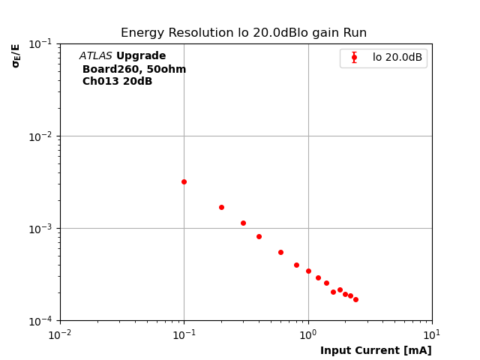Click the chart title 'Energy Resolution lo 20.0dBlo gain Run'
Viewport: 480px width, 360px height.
(x=244, y=33)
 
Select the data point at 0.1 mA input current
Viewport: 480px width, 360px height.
(x=184, y=181)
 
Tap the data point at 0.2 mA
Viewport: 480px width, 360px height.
(x=221, y=207)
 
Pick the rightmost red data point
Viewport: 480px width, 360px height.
(x=355, y=299)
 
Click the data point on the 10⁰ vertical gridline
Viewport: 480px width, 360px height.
(x=308, y=271)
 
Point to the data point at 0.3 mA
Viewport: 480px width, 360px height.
(x=243, y=223)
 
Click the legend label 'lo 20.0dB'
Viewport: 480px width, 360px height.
(x=397, y=58)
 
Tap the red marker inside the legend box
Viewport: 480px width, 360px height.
(x=354, y=58)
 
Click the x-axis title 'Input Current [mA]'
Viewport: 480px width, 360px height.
(x=376, y=350)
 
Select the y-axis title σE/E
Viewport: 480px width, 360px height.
(x=16, y=55)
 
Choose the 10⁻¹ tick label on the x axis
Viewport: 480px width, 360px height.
(x=184, y=334)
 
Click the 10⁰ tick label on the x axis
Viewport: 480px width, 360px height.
(x=308, y=334)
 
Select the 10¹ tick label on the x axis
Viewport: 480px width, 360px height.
(x=432, y=334)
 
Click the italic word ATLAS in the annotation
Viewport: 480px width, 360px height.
(x=95, y=56)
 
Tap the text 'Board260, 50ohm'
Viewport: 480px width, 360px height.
(x=134, y=70)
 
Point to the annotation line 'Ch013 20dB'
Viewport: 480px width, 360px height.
(x=117, y=82)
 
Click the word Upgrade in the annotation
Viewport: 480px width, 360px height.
(x=141, y=56)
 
